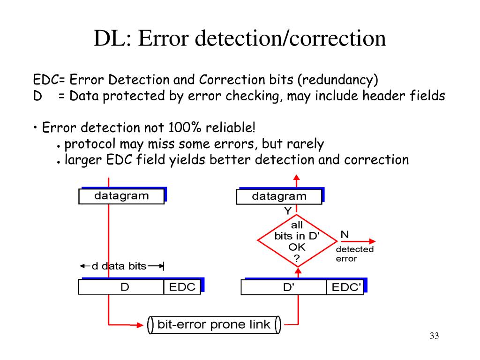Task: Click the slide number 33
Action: pos(434,336)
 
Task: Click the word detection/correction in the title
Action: pos(290,38)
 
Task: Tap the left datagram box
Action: pos(121,196)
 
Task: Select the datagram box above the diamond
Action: pos(279,196)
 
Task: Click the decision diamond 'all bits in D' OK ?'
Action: pos(297,241)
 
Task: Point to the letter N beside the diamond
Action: pos(345,234)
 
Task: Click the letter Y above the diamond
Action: pos(288,211)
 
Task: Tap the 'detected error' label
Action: pos(354,254)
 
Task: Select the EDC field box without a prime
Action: pos(182,287)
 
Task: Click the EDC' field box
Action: pos(345,287)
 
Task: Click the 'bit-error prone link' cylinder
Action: pos(214,325)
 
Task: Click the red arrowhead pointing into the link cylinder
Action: pos(140,325)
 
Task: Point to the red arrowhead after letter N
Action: pos(372,241)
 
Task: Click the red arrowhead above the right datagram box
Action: pos(296,178)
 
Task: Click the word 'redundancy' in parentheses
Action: pos(338,80)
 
